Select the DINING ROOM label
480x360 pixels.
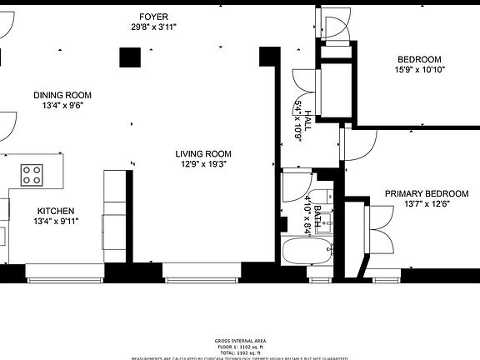point(62,95)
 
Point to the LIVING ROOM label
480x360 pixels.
point(202,153)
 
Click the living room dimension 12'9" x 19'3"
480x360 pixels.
point(202,164)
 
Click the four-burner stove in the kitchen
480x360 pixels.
point(32,175)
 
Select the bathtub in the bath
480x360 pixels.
point(299,252)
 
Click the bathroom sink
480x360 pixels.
point(327,222)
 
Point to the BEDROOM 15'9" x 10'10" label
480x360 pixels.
point(418,60)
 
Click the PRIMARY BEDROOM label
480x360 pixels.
point(426,193)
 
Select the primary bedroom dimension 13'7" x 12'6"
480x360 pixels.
point(426,204)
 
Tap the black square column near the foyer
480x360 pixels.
point(129,57)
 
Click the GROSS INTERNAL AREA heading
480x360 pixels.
point(239,341)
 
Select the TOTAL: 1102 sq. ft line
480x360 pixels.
point(239,352)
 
